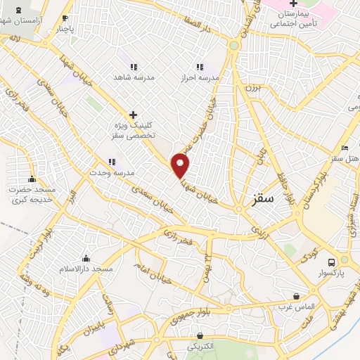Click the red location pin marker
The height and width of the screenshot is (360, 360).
click(181, 165)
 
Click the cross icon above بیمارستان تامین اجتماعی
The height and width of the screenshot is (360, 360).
click(293, 4)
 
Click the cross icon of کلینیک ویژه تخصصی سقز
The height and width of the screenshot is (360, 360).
click(133, 115)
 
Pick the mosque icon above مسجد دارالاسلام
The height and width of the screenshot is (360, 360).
click(86, 259)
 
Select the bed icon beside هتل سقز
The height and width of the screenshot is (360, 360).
click(344, 148)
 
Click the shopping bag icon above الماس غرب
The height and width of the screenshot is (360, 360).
click(296, 296)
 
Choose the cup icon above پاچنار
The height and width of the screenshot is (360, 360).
click(65, 19)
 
